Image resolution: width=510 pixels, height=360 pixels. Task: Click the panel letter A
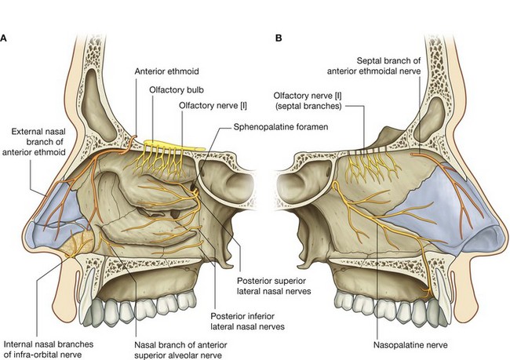5,37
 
